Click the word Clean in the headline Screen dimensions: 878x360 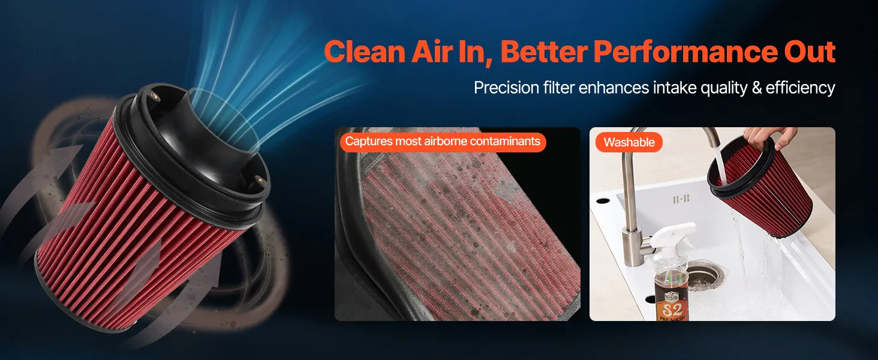point(365,52)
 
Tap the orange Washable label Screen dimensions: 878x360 point(629,142)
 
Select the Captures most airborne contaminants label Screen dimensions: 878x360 point(443,142)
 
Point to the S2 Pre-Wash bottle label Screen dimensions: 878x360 point(672,305)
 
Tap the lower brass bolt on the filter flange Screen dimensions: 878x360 point(259,181)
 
